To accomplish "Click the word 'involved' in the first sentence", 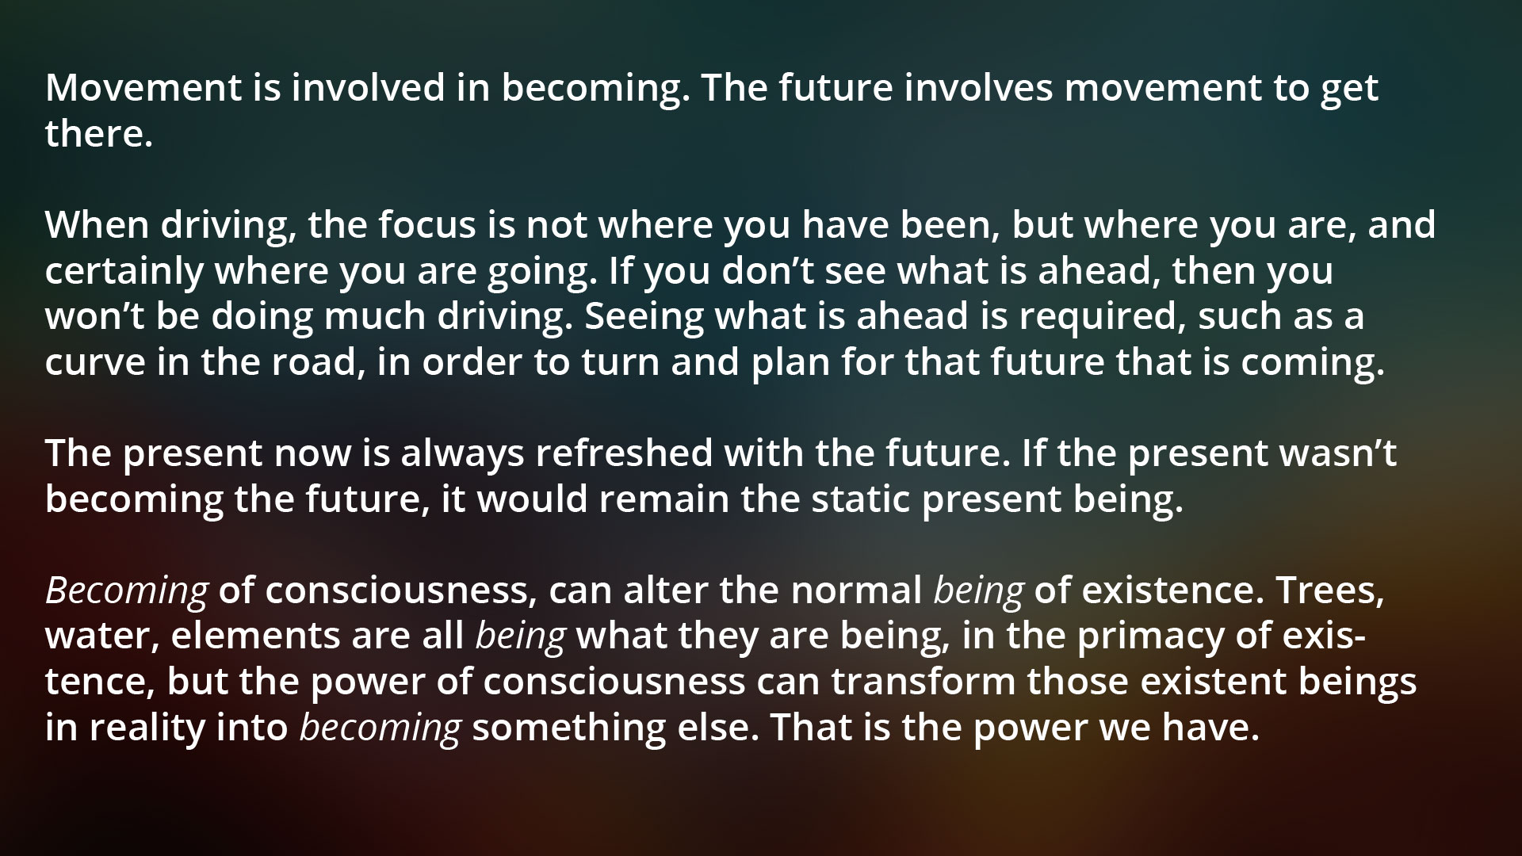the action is [x=365, y=88].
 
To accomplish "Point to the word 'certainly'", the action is [x=124, y=271].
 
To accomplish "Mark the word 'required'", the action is [x=1102, y=317].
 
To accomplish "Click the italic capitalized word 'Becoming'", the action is [x=127, y=591].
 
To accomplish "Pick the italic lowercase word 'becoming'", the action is [x=380, y=728].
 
